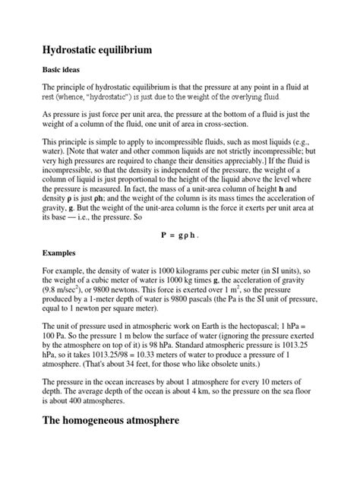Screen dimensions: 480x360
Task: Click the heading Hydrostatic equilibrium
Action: point(98,51)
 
